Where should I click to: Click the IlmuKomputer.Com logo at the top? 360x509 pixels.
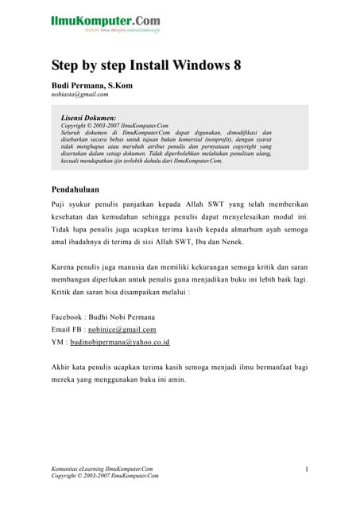(x=105, y=21)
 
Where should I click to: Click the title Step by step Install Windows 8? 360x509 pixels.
(x=146, y=65)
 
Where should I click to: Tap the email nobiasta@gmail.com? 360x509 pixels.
(x=79, y=94)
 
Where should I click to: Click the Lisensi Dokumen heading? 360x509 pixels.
(x=88, y=117)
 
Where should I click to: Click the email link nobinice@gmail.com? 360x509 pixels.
(x=122, y=328)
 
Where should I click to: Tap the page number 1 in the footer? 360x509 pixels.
(x=306, y=469)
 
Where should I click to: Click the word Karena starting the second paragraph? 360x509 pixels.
(x=65, y=266)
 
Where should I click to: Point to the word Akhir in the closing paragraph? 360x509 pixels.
(x=62, y=367)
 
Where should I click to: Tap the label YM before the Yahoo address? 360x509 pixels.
(x=58, y=342)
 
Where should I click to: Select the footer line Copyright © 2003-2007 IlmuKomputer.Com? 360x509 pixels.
(x=105, y=476)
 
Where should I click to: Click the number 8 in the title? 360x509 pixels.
(x=236, y=65)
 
